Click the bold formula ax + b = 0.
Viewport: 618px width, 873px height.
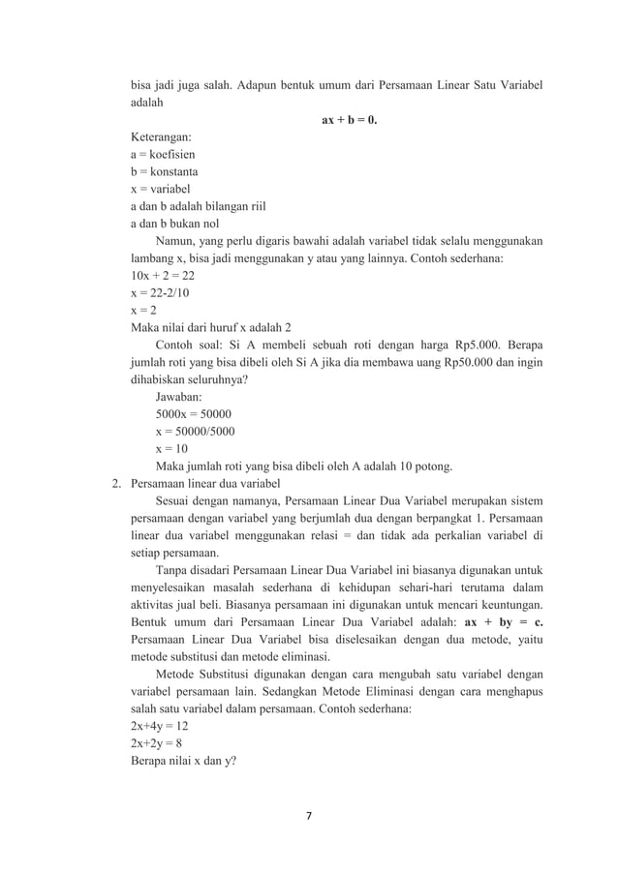click(349, 121)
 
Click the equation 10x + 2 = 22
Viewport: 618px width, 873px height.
click(163, 276)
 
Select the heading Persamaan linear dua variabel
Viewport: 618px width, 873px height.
click(205, 484)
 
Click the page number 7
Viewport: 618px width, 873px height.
click(309, 815)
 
